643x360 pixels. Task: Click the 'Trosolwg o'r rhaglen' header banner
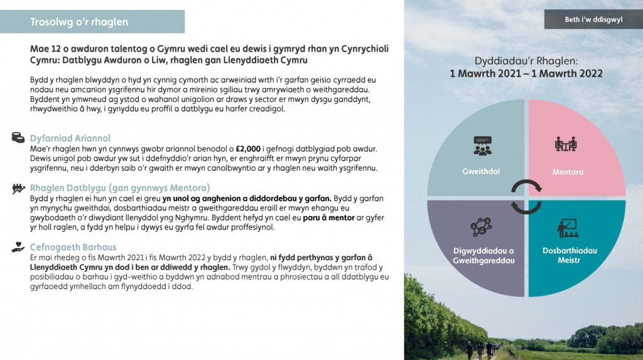click(92, 22)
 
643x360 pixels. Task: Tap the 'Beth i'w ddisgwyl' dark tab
click(593, 19)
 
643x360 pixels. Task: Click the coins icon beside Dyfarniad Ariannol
click(18, 137)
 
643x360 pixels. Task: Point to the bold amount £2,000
click(248, 149)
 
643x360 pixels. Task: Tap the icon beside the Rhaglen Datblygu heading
click(18, 188)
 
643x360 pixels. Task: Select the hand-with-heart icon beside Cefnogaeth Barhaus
click(18, 248)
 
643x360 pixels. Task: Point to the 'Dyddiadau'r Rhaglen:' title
click(526, 61)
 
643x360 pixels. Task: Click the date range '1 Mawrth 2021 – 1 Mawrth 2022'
click(526, 74)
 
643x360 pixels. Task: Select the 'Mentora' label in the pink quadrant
click(568, 172)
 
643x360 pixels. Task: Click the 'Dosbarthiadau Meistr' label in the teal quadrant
click(570, 255)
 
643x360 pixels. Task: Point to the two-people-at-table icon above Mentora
click(566, 145)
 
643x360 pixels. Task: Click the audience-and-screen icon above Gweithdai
click(482, 146)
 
